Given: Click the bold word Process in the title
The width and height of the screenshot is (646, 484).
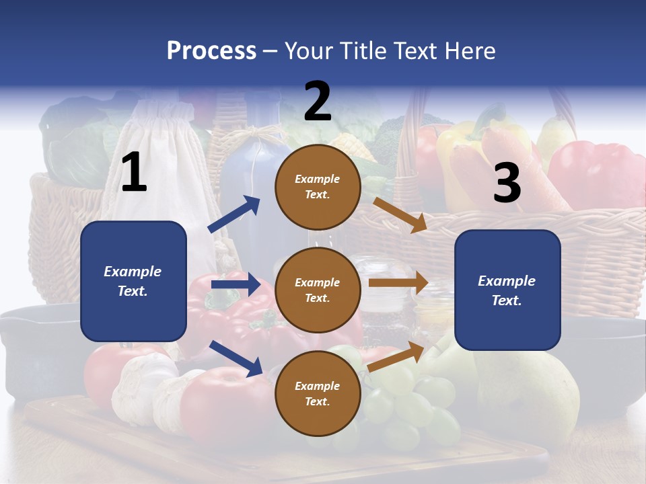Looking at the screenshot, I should (x=211, y=51).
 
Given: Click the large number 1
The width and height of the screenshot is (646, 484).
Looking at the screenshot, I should (x=134, y=173).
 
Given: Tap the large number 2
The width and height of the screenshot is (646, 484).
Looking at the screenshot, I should (x=318, y=101).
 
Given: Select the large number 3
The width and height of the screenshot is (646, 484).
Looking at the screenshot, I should (x=507, y=183).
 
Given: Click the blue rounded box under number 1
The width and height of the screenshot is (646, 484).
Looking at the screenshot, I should (x=133, y=281).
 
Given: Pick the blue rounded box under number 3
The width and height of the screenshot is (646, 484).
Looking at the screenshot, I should (x=507, y=290).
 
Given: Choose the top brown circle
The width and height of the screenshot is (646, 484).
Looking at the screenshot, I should (x=318, y=187).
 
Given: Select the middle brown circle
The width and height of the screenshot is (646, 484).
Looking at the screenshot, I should (x=318, y=290).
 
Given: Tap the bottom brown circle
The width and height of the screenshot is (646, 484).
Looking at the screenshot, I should (x=318, y=393).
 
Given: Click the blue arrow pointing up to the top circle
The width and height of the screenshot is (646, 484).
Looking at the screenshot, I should (x=234, y=214).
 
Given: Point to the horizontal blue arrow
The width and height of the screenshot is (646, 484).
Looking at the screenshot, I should (x=236, y=284).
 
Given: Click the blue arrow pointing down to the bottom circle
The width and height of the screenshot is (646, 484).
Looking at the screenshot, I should (x=236, y=358).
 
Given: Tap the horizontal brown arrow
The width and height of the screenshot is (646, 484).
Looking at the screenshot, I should (x=398, y=283).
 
